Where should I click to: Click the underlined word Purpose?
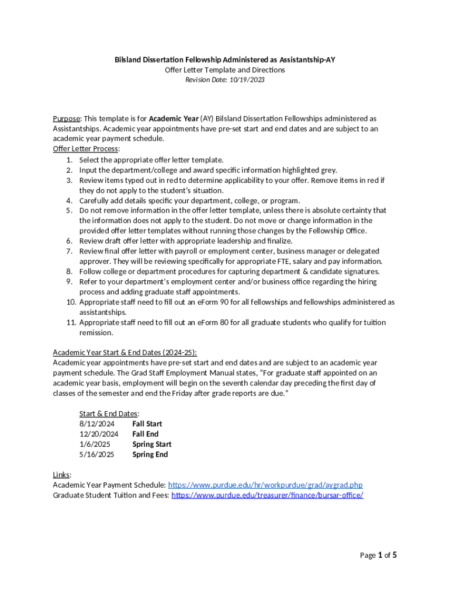pos(66,119)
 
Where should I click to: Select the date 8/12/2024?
pos(97,423)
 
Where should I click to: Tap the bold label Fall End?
pos(145,434)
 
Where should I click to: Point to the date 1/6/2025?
pos(95,444)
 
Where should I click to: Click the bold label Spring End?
pos(150,454)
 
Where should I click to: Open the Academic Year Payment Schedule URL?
pos(265,485)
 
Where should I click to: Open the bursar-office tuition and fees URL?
pos(267,495)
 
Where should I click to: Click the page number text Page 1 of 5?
pos(378,555)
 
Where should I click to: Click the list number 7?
pos(69,251)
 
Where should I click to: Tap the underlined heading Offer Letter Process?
pos(85,149)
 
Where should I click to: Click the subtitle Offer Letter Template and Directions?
pos(224,70)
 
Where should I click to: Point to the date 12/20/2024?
pos(99,434)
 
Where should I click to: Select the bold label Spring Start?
pos(151,444)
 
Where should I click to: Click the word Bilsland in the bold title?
pos(129,60)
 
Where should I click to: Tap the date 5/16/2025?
pos(97,454)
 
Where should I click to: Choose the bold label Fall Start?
pos(147,423)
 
